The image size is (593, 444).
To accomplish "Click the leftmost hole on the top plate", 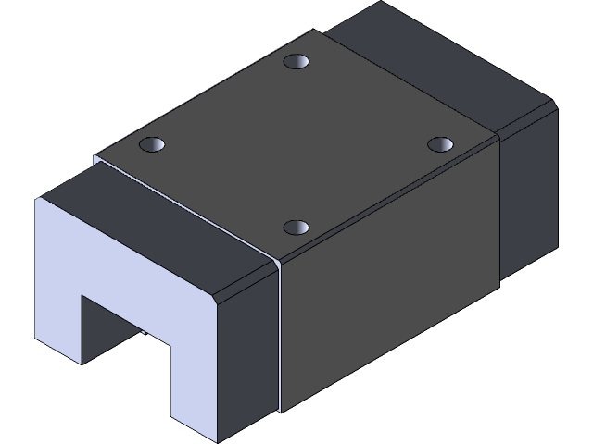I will [x=152, y=145].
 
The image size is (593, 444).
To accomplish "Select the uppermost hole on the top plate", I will [x=296, y=63].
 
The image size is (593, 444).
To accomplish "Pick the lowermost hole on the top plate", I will [x=296, y=227].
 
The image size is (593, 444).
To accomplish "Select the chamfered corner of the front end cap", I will [x=222, y=298].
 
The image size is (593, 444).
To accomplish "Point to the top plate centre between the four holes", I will [x=296, y=143].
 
